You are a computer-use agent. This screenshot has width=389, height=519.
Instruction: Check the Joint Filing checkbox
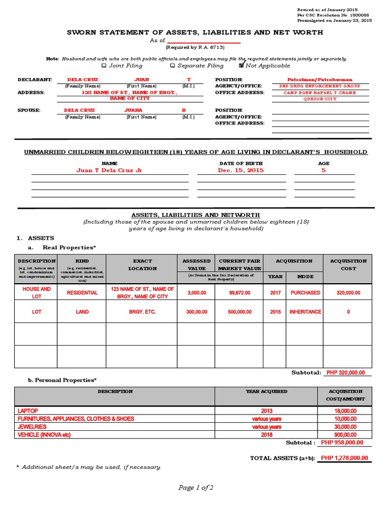(x=104, y=65)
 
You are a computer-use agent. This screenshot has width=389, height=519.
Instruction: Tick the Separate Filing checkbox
(x=173, y=65)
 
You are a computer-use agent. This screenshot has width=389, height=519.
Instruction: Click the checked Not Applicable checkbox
(x=241, y=65)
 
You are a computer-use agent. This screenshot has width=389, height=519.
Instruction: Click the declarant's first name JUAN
(x=141, y=80)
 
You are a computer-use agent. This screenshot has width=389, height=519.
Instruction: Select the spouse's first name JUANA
(x=133, y=110)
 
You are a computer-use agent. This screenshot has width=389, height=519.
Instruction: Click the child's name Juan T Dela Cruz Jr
(x=109, y=171)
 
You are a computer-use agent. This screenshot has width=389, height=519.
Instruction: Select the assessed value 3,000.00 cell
(x=196, y=293)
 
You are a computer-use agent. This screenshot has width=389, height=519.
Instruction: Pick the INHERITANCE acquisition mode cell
(x=305, y=312)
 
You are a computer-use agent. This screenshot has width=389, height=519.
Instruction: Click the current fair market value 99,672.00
(x=240, y=293)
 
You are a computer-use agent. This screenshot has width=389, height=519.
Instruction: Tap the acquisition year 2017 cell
(x=275, y=293)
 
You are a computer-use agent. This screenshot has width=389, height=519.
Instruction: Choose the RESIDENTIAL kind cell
(x=82, y=293)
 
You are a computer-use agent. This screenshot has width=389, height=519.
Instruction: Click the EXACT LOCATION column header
(x=142, y=265)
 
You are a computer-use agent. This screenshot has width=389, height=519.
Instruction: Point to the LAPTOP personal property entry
(x=28, y=411)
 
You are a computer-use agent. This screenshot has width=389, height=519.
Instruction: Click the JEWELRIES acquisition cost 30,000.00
(x=344, y=427)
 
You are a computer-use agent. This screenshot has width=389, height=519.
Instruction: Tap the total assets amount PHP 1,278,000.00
(x=344, y=458)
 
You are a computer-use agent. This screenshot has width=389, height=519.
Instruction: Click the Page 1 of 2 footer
(x=196, y=488)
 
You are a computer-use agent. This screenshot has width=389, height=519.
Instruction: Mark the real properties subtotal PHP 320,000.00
(x=345, y=373)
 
